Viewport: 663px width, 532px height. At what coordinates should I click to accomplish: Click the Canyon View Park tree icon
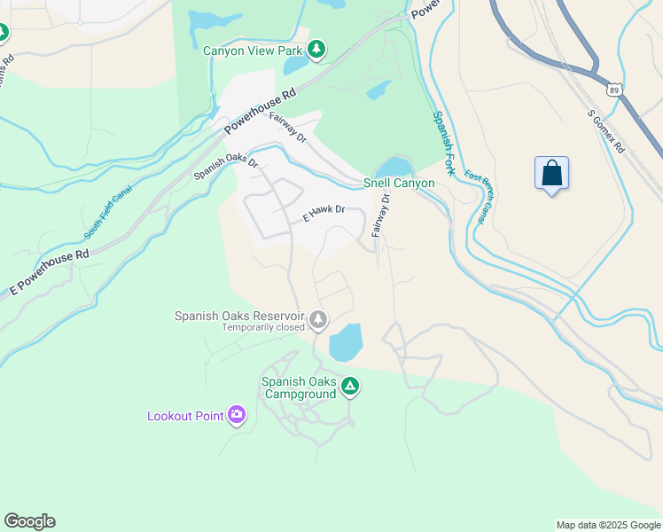coord(316,50)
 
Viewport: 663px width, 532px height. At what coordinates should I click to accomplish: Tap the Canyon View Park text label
coord(253,51)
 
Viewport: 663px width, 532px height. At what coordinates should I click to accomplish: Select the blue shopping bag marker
coord(551,172)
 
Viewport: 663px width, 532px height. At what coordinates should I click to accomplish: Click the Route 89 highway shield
coord(614,90)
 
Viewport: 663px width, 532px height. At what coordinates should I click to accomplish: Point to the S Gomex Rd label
coord(606,130)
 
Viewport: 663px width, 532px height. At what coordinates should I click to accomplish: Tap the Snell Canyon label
coord(399,184)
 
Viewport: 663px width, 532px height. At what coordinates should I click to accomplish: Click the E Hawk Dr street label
coord(323,215)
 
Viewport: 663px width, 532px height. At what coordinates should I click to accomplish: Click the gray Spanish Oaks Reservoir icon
coord(318,319)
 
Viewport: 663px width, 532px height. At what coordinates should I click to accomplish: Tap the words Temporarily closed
coord(262,326)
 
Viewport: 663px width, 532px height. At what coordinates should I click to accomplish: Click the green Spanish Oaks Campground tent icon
coord(350,386)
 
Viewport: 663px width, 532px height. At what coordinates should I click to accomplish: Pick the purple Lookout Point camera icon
coord(237,415)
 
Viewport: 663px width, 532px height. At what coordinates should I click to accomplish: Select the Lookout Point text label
coord(185,416)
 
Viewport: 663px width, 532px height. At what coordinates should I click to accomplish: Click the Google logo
coord(29,521)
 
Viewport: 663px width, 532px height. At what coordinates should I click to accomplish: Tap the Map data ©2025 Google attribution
coord(607,525)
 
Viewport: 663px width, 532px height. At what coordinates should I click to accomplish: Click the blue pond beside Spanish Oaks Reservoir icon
coord(346,342)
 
